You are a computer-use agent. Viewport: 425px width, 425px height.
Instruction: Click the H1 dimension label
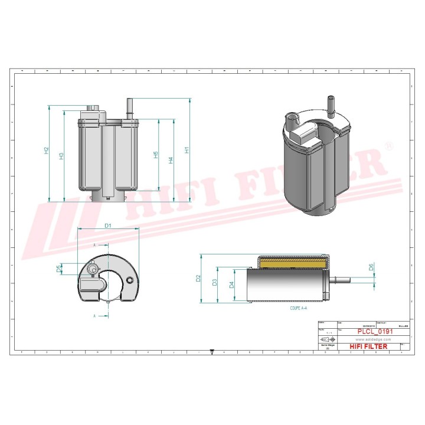tap(187, 150)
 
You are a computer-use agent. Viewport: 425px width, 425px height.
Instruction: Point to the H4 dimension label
tap(171, 160)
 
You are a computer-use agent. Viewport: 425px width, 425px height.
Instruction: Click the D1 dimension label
tap(108, 225)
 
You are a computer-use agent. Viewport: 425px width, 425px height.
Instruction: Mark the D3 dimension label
tap(215, 282)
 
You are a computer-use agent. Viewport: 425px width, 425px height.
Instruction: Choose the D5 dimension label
tap(58, 269)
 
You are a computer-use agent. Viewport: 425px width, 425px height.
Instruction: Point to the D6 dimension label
tap(371, 267)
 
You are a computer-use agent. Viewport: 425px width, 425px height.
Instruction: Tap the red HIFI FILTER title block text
tap(368, 346)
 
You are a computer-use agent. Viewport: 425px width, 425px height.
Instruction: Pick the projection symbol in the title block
tap(328, 341)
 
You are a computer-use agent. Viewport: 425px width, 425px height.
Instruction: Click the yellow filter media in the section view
tap(292, 261)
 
